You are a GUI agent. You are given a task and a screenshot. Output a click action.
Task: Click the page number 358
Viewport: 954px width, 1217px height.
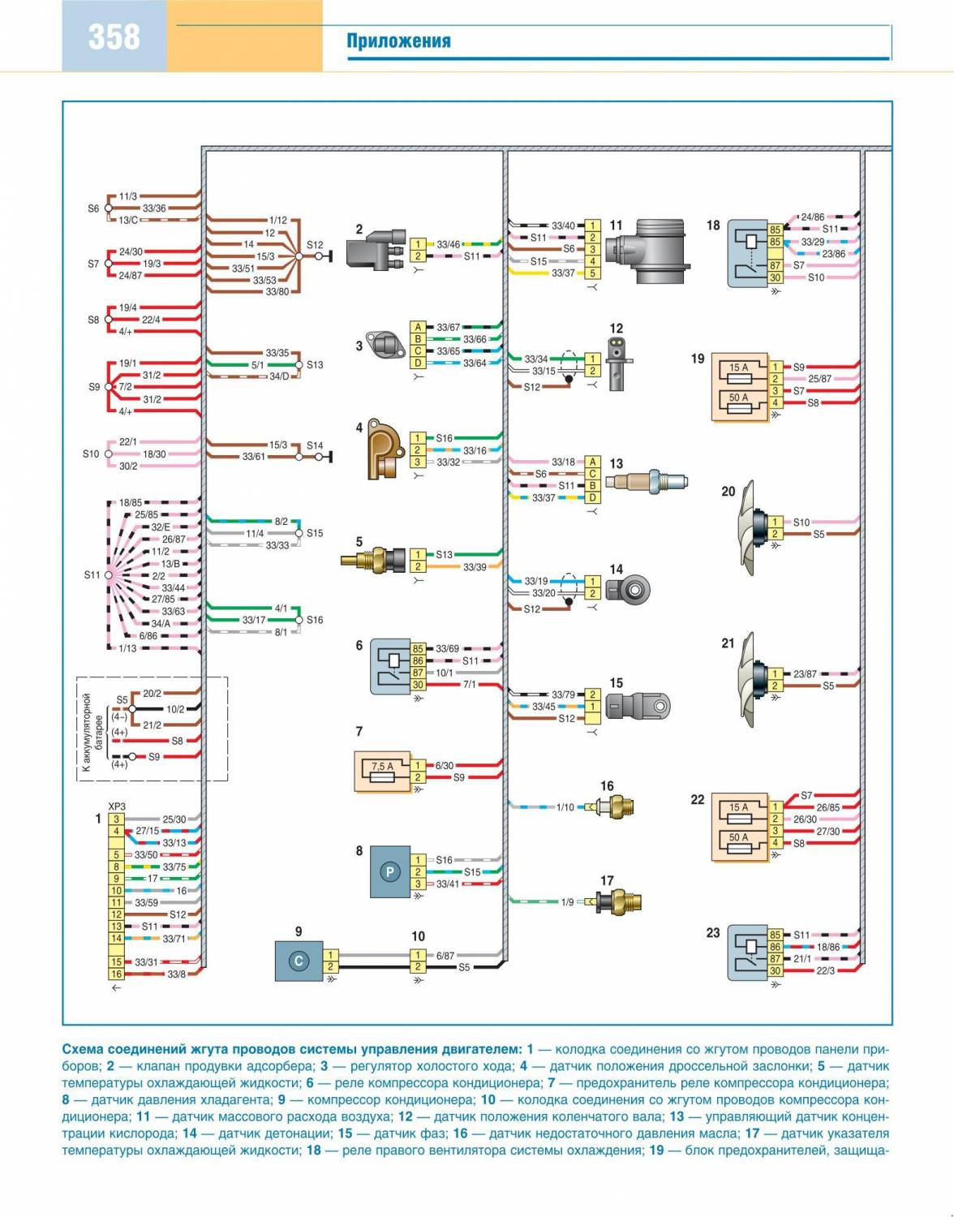point(114,37)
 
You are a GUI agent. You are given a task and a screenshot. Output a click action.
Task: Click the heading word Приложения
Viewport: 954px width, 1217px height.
point(398,41)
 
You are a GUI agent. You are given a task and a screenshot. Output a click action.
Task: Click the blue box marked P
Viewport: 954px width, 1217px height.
point(389,872)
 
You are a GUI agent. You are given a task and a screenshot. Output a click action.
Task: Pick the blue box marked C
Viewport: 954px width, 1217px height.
point(299,961)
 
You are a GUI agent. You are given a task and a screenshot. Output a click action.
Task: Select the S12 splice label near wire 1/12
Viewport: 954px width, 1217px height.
point(315,244)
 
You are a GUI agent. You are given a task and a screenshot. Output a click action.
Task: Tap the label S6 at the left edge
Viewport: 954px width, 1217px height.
point(93,209)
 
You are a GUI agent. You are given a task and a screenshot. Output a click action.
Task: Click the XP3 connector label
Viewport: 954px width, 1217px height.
point(117,806)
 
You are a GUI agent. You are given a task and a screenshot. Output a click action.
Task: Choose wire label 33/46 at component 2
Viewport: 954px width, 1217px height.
point(448,244)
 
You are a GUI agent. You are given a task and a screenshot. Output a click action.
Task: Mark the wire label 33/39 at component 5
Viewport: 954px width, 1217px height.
point(475,567)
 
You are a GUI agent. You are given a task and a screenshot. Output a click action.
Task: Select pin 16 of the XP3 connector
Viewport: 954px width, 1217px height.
point(117,974)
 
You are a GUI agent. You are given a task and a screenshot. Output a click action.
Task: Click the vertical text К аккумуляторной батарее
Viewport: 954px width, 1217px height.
point(93,729)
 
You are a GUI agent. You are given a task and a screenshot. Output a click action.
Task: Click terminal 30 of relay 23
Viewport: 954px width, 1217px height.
point(776,970)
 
